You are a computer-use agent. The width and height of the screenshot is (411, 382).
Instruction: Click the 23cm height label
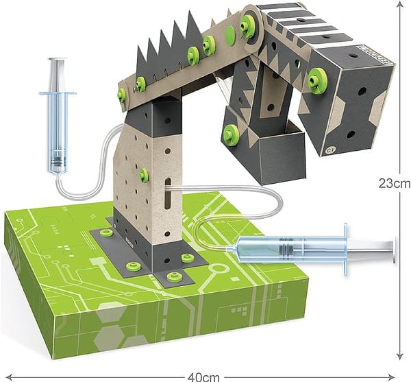point(394,183)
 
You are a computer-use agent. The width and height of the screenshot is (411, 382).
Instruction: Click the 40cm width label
point(203,377)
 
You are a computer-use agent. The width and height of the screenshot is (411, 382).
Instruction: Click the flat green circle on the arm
point(231,34)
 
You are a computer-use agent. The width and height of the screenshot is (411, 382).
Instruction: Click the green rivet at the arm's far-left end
point(122,95)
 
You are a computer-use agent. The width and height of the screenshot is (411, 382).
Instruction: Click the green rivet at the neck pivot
point(247,24)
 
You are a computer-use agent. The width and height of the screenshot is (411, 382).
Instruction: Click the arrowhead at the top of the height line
point(400,3)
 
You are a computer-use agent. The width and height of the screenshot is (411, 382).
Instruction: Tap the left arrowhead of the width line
point(9,377)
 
